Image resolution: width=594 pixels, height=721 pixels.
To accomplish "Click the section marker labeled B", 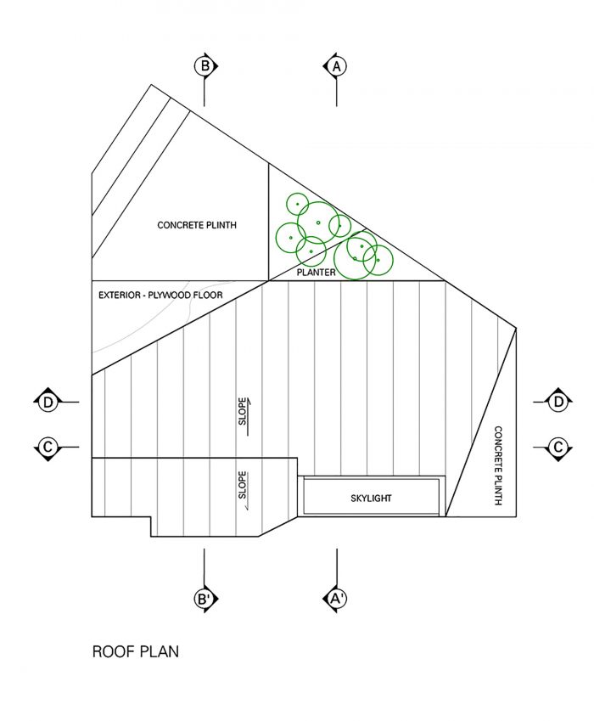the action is pos(205,66).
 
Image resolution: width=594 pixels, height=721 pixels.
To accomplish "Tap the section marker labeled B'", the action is pos(205,600).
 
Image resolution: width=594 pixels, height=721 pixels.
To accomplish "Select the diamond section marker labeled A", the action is pos(336,66).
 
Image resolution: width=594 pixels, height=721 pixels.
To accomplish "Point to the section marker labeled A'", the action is pos(336,600).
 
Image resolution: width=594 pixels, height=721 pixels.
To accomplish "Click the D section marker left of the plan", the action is pos(48,403).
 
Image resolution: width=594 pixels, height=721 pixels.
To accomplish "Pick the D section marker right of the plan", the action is pos(558,403).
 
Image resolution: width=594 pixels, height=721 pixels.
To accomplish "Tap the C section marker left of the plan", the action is pos(48,447).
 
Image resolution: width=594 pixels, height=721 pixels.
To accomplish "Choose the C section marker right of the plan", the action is pos(558,447).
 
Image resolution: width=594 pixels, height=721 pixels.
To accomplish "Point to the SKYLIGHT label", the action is pos(371,498).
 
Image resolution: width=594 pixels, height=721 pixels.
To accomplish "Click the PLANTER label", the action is pos(316,273).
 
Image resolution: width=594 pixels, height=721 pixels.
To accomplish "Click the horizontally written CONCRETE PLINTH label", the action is pos(197,225).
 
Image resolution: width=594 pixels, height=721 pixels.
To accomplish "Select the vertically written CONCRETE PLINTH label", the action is pos(498,465).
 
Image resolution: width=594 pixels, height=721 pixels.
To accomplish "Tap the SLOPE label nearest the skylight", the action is pos(242,485).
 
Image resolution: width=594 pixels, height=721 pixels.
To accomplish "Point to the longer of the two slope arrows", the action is pos(249,418).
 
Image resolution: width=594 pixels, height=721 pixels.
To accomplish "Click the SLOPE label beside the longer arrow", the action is pos(242,411).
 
